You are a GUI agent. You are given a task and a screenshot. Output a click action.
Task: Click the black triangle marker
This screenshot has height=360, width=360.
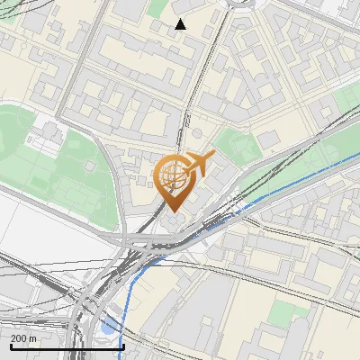click(180, 24)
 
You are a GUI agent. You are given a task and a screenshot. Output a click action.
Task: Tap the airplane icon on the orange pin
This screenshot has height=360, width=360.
click(198, 163)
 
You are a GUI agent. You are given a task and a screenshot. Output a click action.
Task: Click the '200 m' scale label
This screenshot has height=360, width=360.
click(23, 337)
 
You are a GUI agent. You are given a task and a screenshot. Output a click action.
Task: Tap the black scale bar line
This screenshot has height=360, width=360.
click(67, 346)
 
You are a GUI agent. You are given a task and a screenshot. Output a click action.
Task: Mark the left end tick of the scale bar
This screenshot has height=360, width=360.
click(11, 345)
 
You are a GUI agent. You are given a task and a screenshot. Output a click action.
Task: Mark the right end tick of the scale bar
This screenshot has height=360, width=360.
click(122, 345)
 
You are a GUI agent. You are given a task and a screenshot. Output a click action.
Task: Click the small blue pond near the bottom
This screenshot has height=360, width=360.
click(109, 328)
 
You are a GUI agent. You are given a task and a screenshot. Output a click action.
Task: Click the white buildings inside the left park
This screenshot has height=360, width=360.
click(40, 138)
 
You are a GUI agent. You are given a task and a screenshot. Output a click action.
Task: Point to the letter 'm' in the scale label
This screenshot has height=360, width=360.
click(32, 337)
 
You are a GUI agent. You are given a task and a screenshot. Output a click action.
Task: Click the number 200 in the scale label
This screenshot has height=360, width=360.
click(19, 337)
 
